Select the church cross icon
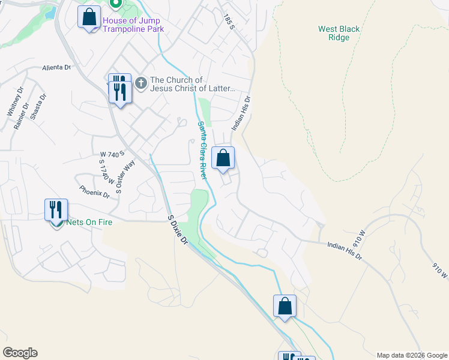[x=141, y=82]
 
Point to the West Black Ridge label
[x=339, y=33]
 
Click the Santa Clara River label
[x=202, y=151]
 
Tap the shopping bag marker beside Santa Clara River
[x=223, y=159]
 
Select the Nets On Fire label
[x=89, y=222]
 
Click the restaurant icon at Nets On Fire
[x=56, y=210]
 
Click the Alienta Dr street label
[x=56, y=68]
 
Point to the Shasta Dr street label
[x=38, y=106]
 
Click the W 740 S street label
[x=112, y=154]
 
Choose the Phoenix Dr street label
[x=94, y=191]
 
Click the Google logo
[x=20, y=353]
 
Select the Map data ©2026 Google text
[x=411, y=355]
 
